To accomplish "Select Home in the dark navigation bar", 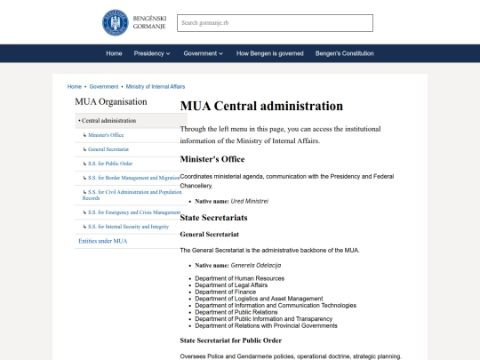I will pyautogui.click(x=114, y=53).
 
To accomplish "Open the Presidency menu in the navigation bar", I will pyautogui.click(x=151, y=53).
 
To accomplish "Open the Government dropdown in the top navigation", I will pyautogui.click(x=204, y=53).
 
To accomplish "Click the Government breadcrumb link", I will pyautogui.click(x=104, y=87).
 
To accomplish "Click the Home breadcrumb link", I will pyautogui.click(x=75, y=87).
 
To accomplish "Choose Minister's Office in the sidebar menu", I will pyautogui.click(x=106, y=134).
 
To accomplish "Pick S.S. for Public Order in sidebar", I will pyautogui.click(x=110, y=164).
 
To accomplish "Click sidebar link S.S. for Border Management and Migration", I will pyautogui.click(x=133, y=178).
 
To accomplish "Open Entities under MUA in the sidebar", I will pyautogui.click(x=103, y=241).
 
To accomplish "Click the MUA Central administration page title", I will pyautogui.click(x=261, y=106).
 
